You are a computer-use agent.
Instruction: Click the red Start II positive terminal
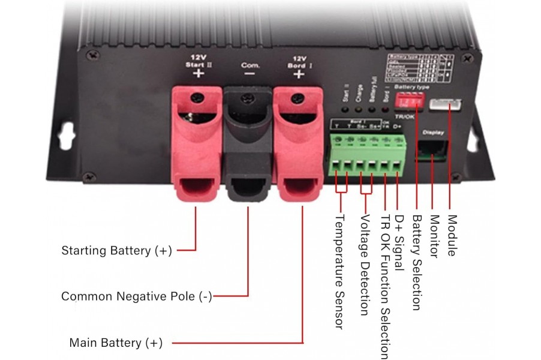(x=196, y=144)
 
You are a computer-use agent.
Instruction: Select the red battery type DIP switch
(x=410, y=103)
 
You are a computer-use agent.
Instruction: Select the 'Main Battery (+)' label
(x=116, y=343)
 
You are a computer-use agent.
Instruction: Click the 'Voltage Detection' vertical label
(x=363, y=265)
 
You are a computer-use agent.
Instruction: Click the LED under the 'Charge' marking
(x=359, y=110)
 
